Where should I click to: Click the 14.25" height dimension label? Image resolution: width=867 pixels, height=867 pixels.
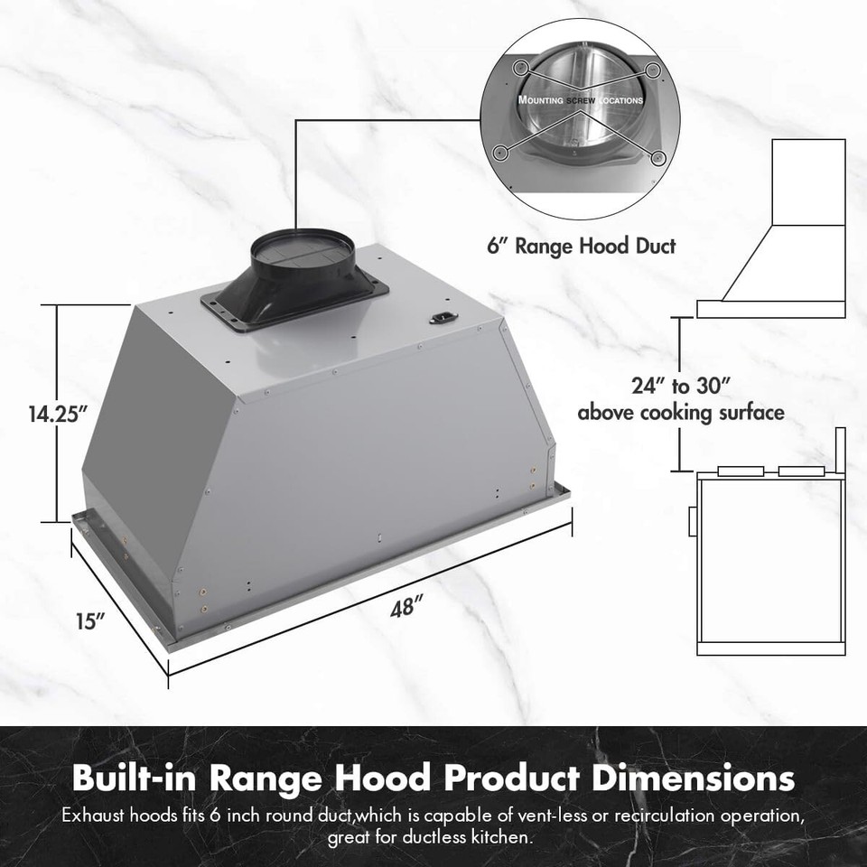click(x=56, y=415)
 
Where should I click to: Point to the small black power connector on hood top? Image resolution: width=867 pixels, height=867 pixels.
click(x=443, y=317)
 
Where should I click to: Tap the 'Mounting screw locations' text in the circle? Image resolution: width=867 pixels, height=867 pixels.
click(x=580, y=100)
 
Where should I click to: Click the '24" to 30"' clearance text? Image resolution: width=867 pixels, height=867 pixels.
click(x=680, y=386)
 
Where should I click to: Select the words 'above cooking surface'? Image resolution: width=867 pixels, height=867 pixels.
click(x=680, y=414)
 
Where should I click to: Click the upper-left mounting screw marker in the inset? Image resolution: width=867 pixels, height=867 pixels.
click(x=520, y=68)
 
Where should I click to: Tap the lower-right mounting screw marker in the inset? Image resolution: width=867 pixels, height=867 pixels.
click(x=658, y=158)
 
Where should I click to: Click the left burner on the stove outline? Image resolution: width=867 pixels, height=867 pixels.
click(x=740, y=471)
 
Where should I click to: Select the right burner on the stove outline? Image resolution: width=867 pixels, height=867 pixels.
click(x=800, y=471)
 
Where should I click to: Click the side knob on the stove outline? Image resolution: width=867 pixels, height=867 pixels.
click(x=692, y=521)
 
